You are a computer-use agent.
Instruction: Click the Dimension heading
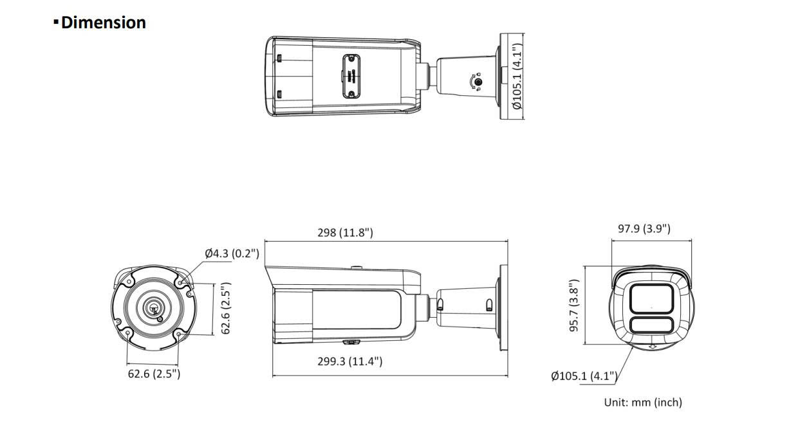click(x=103, y=23)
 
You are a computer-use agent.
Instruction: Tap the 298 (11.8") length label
click(x=345, y=232)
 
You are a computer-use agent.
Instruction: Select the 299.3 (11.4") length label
click(x=350, y=361)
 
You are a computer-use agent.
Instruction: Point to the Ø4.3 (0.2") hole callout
click(x=232, y=253)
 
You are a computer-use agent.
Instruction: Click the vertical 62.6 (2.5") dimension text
click(x=226, y=308)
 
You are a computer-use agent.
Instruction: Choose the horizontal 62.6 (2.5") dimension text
click(x=154, y=374)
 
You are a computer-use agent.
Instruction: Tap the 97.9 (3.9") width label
click(x=644, y=228)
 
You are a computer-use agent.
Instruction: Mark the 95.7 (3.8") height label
click(x=574, y=305)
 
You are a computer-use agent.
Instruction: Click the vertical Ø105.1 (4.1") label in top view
click(x=517, y=76)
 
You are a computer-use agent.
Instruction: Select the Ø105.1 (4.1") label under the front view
click(x=584, y=376)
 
